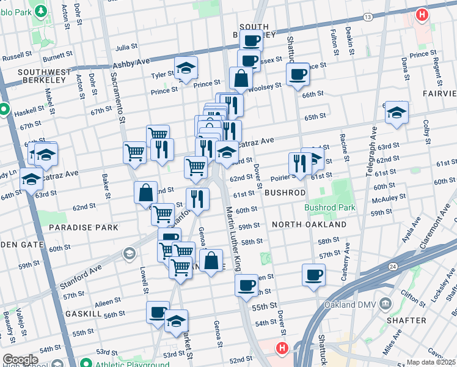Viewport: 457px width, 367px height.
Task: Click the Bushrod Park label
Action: (x=330, y=207)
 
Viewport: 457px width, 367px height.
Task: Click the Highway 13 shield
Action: (x=367, y=17)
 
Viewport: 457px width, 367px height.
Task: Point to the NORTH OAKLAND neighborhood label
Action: (x=309, y=224)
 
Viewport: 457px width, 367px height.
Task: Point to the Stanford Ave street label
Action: (x=80, y=278)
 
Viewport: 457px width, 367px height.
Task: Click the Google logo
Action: (x=20, y=360)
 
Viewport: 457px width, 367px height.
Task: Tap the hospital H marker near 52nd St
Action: (x=282, y=349)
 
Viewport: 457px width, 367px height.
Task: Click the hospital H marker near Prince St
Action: (x=422, y=15)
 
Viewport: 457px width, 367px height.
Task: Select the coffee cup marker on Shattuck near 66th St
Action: (x=298, y=75)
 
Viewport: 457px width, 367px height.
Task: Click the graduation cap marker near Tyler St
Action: (x=185, y=69)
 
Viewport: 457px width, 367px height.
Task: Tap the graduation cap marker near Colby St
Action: (x=397, y=113)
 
